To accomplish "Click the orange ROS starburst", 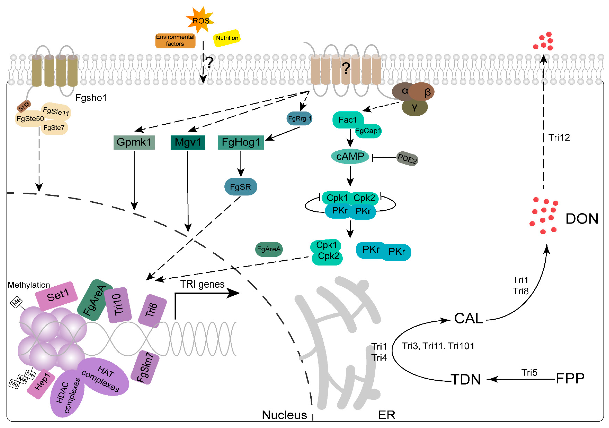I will click(201, 20).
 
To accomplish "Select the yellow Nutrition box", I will click(227, 38).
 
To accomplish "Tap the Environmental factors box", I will click(175, 40).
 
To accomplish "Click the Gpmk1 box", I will click(134, 142).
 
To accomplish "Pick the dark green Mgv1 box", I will click(188, 142).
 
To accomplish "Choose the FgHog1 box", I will click(241, 142).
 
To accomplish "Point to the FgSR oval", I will click(241, 187).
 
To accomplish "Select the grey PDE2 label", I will click(407, 159).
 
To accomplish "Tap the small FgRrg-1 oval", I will click(300, 118).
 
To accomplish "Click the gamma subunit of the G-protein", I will click(414, 107).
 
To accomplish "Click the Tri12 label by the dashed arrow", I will click(559, 137).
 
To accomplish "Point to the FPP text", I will click(570, 379).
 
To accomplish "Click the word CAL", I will click(468, 318).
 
